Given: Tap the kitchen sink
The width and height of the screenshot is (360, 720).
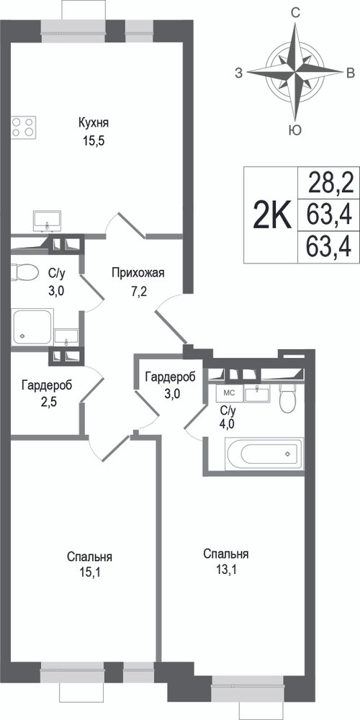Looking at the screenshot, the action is [x=48, y=221].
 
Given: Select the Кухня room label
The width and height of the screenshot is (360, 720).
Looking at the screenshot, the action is [x=94, y=123].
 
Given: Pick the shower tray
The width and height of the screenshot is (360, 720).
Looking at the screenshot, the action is [x=32, y=326].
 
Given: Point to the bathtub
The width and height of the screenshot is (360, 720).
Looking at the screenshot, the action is [x=264, y=454].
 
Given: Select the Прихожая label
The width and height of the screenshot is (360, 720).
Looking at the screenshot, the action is [x=138, y=274].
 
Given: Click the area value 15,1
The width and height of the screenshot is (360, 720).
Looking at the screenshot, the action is [x=89, y=572].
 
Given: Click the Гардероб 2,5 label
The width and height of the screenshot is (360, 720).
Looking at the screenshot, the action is [x=47, y=394].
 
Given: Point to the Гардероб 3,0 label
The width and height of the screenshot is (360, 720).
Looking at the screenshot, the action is [x=170, y=384].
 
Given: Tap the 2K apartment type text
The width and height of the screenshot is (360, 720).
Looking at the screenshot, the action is [x=272, y=215].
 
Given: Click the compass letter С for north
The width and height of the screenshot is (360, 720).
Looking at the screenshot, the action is [x=297, y=13].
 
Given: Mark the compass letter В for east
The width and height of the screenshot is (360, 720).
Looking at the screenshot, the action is [x=351, y=73].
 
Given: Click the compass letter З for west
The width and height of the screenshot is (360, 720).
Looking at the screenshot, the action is [x=239, y=73].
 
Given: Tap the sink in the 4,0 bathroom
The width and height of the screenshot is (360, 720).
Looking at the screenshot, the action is [x=258, y=394].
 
